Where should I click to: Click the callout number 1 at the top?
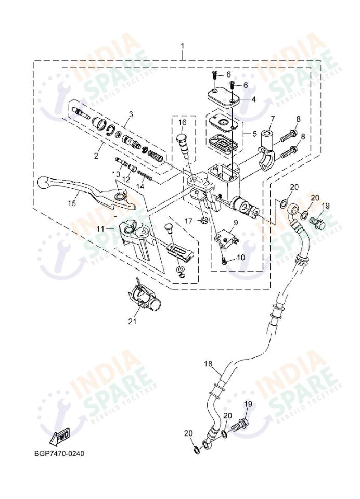(x=182, y=46)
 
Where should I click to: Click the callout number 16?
(x=182, y=122)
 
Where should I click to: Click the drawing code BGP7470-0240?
(x=58, y=453)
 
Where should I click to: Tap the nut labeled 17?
(x=204, y=222)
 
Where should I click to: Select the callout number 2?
(x=97, y=155)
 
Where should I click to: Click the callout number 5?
(x=254, y=134)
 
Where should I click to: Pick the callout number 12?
(x=126, y=180)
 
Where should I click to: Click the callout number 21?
(x=132, y=321)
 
